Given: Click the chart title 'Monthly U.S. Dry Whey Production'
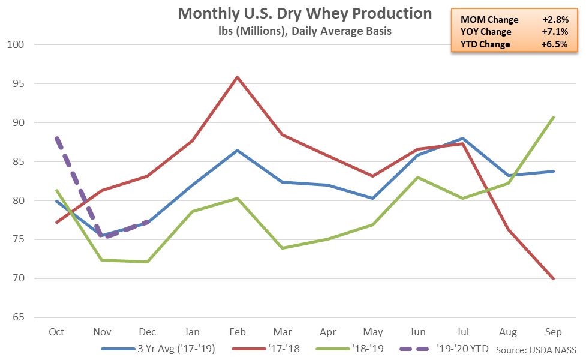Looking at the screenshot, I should (x=305, y=13).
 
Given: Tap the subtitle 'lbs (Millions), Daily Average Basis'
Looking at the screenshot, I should (x=305, y=31).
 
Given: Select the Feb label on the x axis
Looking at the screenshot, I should (x=238, y=331).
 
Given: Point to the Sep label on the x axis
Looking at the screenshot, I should (x=554, y=331).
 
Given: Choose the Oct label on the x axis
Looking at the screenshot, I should (x=56, y=331).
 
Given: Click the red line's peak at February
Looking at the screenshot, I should (x=238, y=77).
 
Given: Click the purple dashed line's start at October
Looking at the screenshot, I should (x=56, y=138).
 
